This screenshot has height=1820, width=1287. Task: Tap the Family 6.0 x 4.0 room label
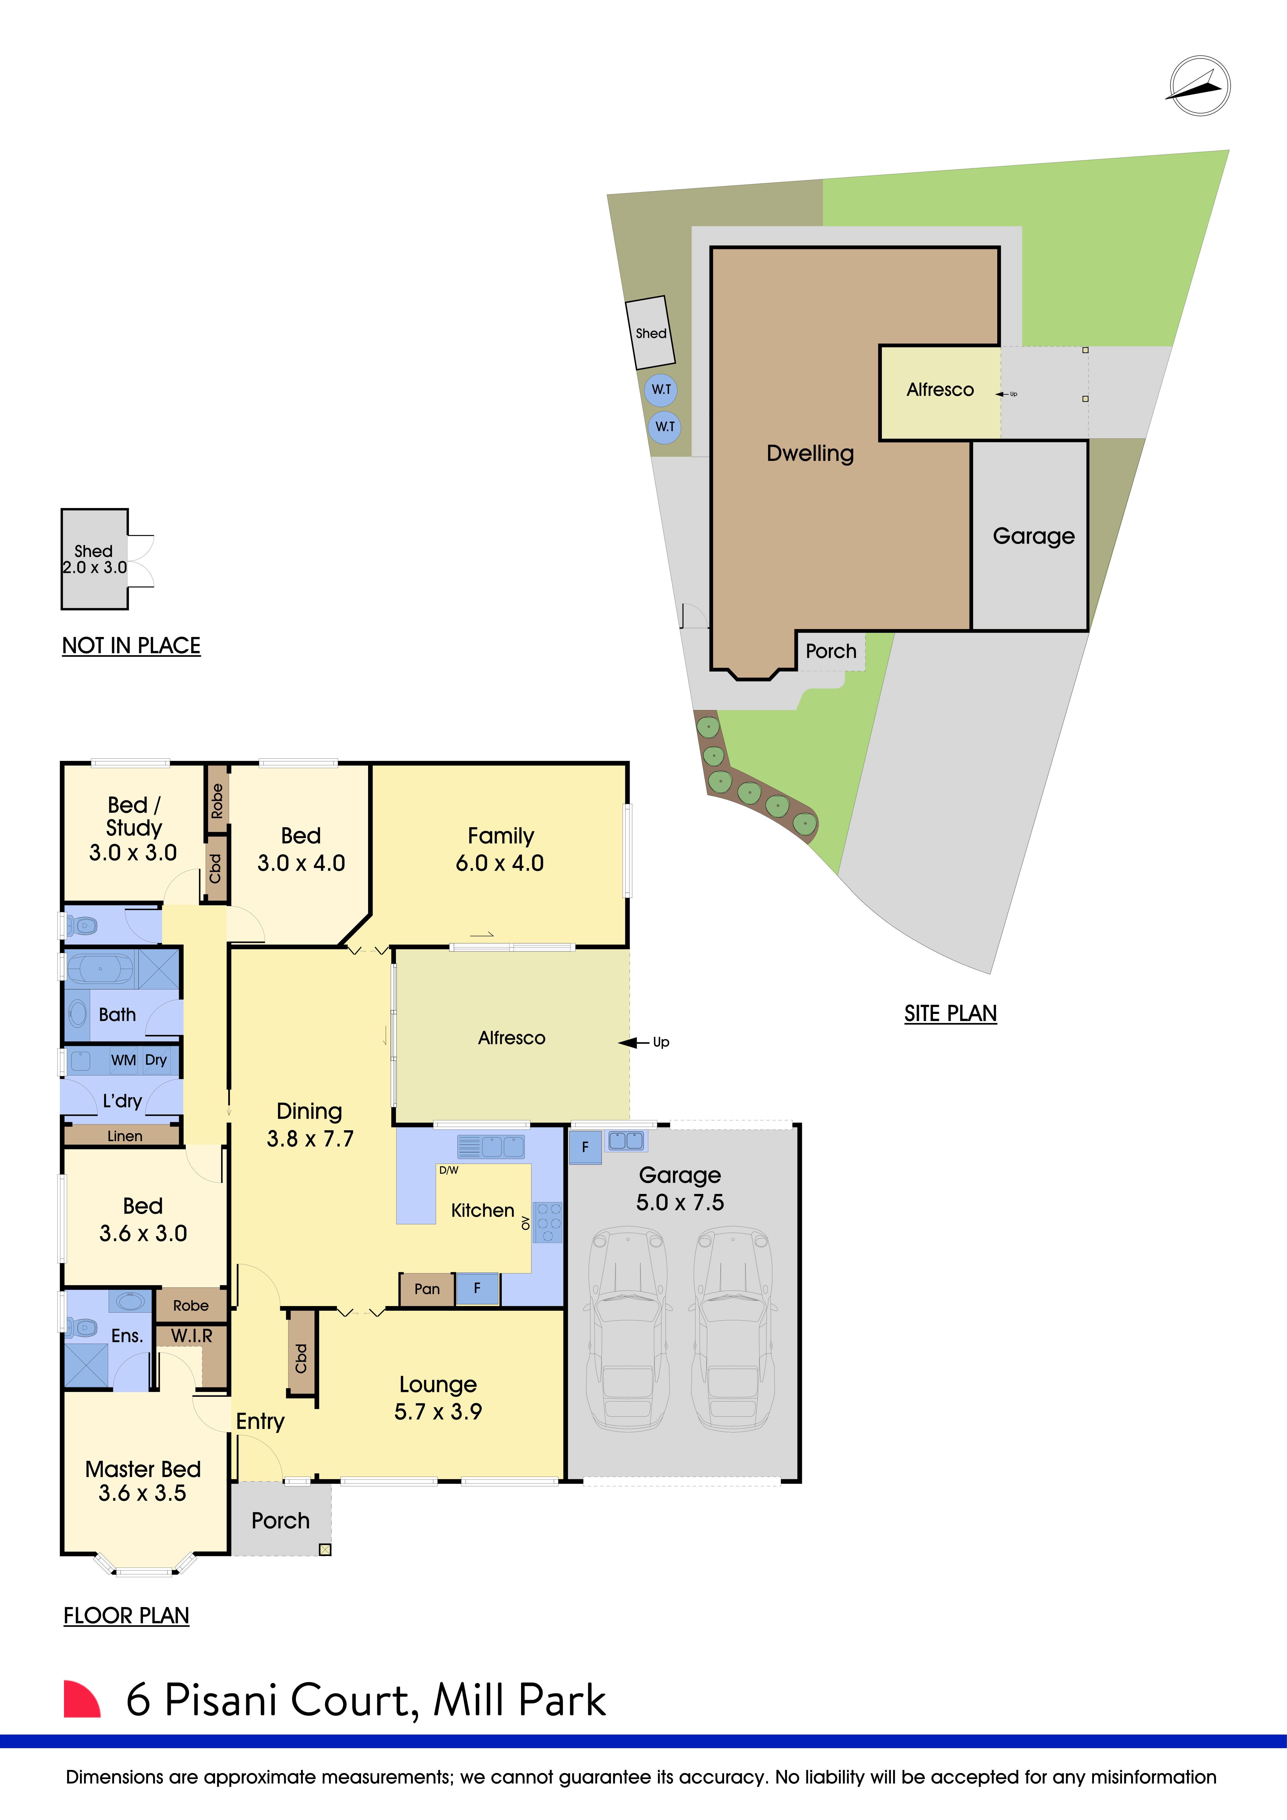[500, 849]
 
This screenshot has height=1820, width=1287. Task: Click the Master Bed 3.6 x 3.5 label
[143, 1481]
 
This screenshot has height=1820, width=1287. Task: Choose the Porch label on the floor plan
[280, 1520]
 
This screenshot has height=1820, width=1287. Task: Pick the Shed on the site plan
[650, 333]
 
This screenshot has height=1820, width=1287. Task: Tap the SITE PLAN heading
[950, 1014]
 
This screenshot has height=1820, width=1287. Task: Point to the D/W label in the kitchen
[449, 1170]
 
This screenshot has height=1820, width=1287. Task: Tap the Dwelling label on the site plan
[810, 453]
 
